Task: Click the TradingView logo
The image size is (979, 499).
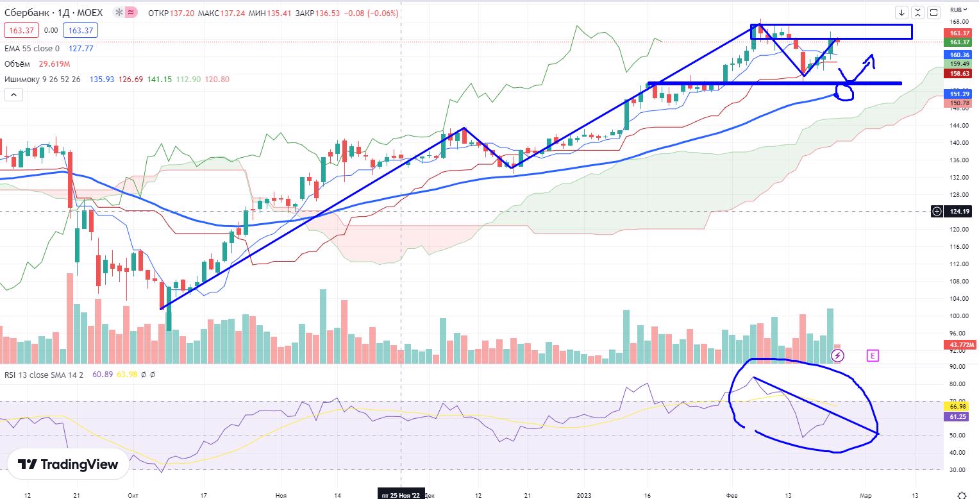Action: (67, 464)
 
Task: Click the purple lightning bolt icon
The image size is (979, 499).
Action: (838, 355)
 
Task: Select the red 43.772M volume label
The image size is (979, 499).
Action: (960, 344)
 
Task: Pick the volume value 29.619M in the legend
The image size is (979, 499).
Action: (54, 64)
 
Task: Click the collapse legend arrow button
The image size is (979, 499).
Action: (13, 94)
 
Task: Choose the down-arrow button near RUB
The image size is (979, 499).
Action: (902, 12)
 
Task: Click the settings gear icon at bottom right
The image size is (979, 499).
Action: (962, 495)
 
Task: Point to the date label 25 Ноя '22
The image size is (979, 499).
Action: (401, 495)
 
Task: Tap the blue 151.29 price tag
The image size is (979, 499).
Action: (959, 94)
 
